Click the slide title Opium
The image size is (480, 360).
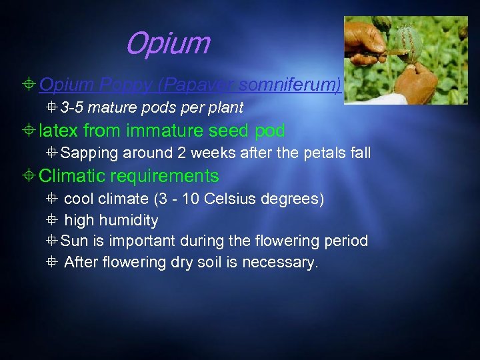pyautogui.click(x=167, y=44)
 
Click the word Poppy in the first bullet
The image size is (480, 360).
pyautogui.click(x=114, y=85)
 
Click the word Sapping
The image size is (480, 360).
pyautogui.click(x=89, y=153)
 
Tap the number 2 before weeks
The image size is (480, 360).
pyautogui.click(x=181, y=153)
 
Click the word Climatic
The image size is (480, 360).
pyautogui.click(x=73, y=176)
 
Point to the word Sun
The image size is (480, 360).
pyautogui.click(x=74, y=241)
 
